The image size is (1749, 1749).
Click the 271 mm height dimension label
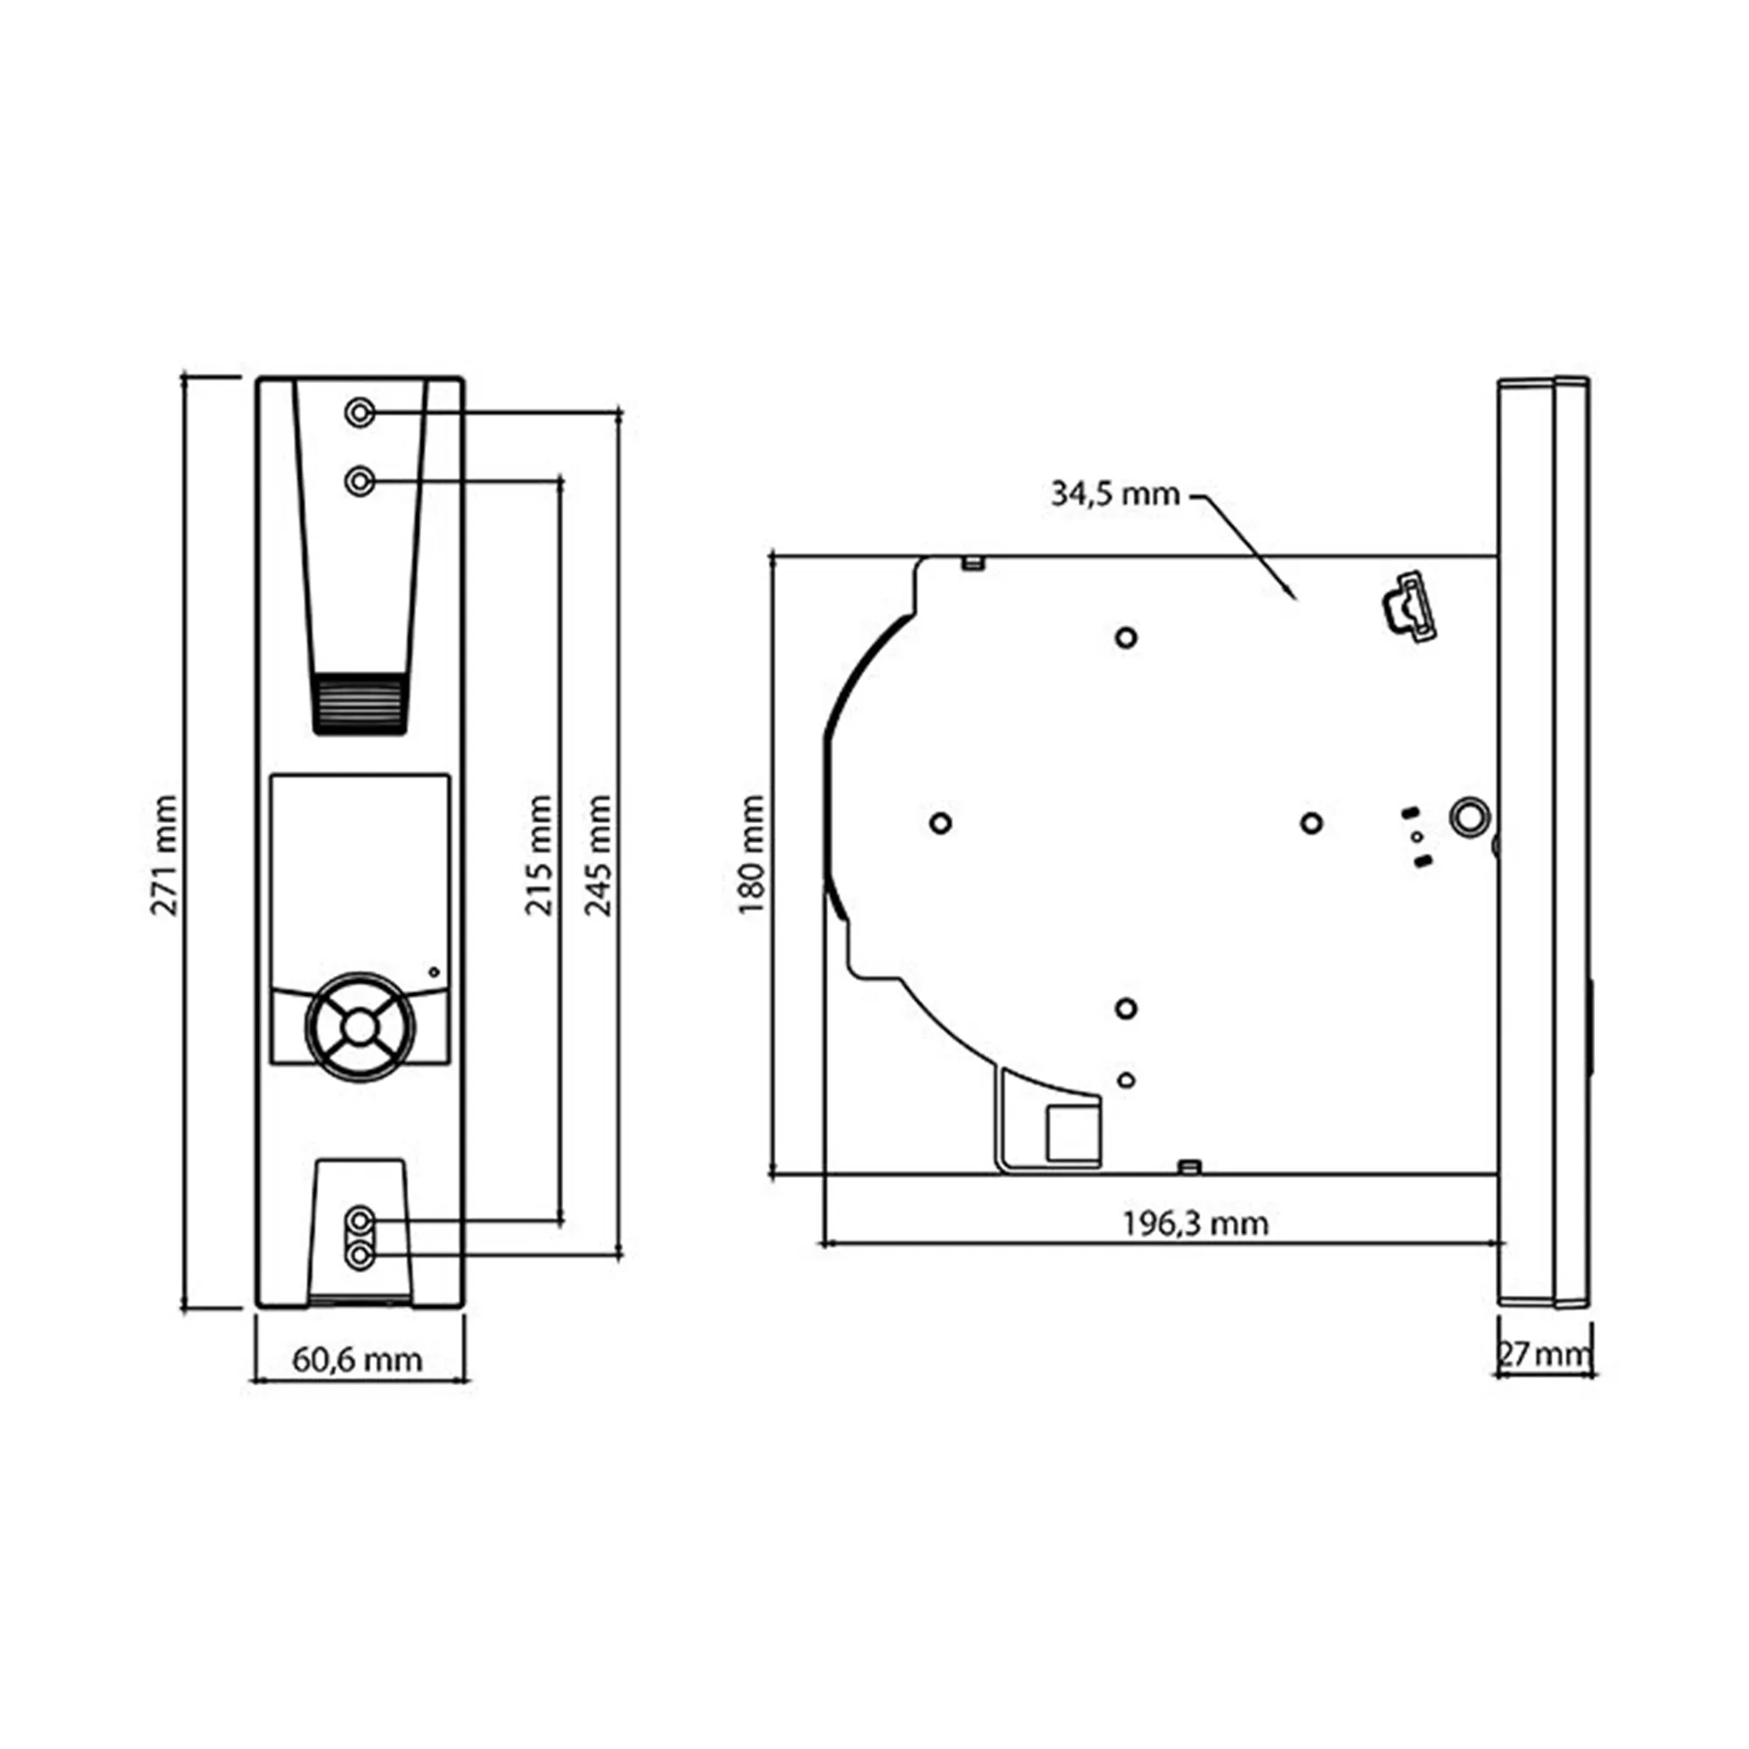164,855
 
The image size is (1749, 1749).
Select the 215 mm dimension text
539,855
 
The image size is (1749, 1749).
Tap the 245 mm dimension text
598,855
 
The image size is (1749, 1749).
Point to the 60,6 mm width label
358,1360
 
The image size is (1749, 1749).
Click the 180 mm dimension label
751,855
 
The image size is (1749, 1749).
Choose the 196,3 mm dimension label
1195,1224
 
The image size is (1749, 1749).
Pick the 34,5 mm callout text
1115,494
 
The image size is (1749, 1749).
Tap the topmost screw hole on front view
360,413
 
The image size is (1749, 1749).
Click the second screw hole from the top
360,481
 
